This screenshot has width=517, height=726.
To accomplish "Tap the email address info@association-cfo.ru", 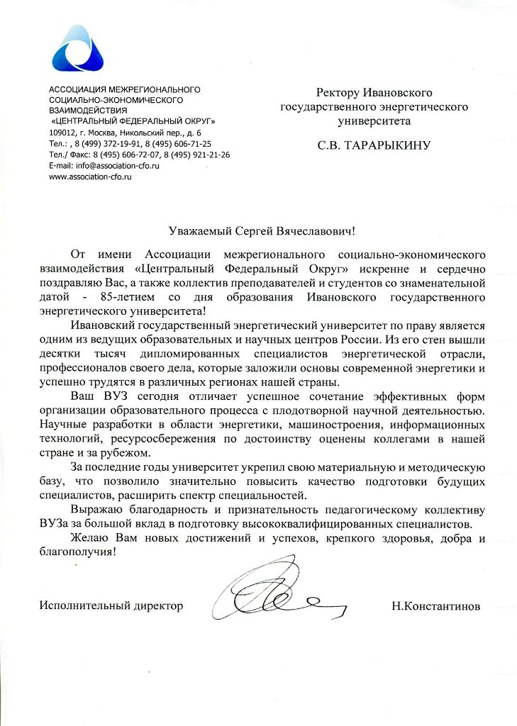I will pyautogui.click(x=104, y=164).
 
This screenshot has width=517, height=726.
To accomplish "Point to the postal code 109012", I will pyautogui.click(x=62, y=132).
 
